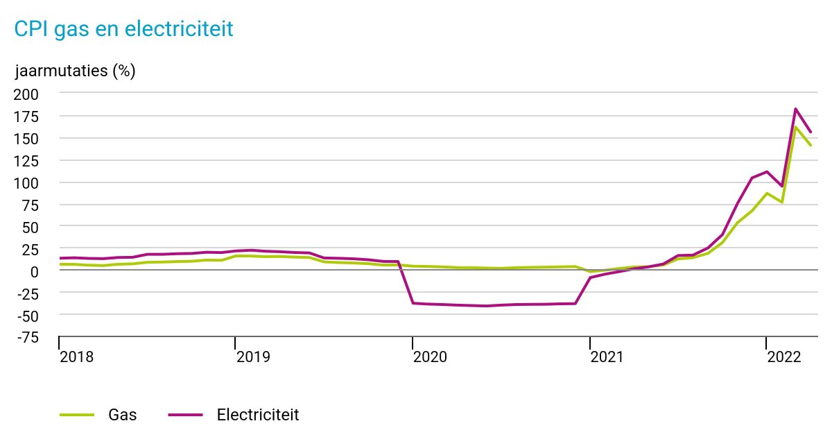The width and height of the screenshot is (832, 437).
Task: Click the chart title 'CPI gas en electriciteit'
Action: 123,28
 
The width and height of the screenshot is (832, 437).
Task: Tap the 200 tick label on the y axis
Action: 27,94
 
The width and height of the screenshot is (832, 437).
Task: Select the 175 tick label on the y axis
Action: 27,117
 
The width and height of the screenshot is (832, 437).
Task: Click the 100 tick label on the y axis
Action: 27,183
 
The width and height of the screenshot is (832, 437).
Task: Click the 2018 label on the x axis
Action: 76,357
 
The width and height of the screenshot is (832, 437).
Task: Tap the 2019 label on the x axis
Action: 253,357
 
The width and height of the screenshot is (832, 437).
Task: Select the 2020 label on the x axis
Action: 430,357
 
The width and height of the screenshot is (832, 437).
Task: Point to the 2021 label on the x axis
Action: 607,357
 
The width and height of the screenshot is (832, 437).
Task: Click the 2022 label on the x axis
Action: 784,357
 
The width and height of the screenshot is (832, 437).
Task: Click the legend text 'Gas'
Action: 122,415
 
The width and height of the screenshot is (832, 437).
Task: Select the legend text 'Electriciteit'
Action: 258,415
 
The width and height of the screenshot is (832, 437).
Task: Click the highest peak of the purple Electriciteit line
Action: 795,109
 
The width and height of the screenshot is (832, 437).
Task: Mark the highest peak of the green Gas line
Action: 795,128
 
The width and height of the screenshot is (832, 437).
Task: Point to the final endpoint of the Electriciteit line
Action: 811,132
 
